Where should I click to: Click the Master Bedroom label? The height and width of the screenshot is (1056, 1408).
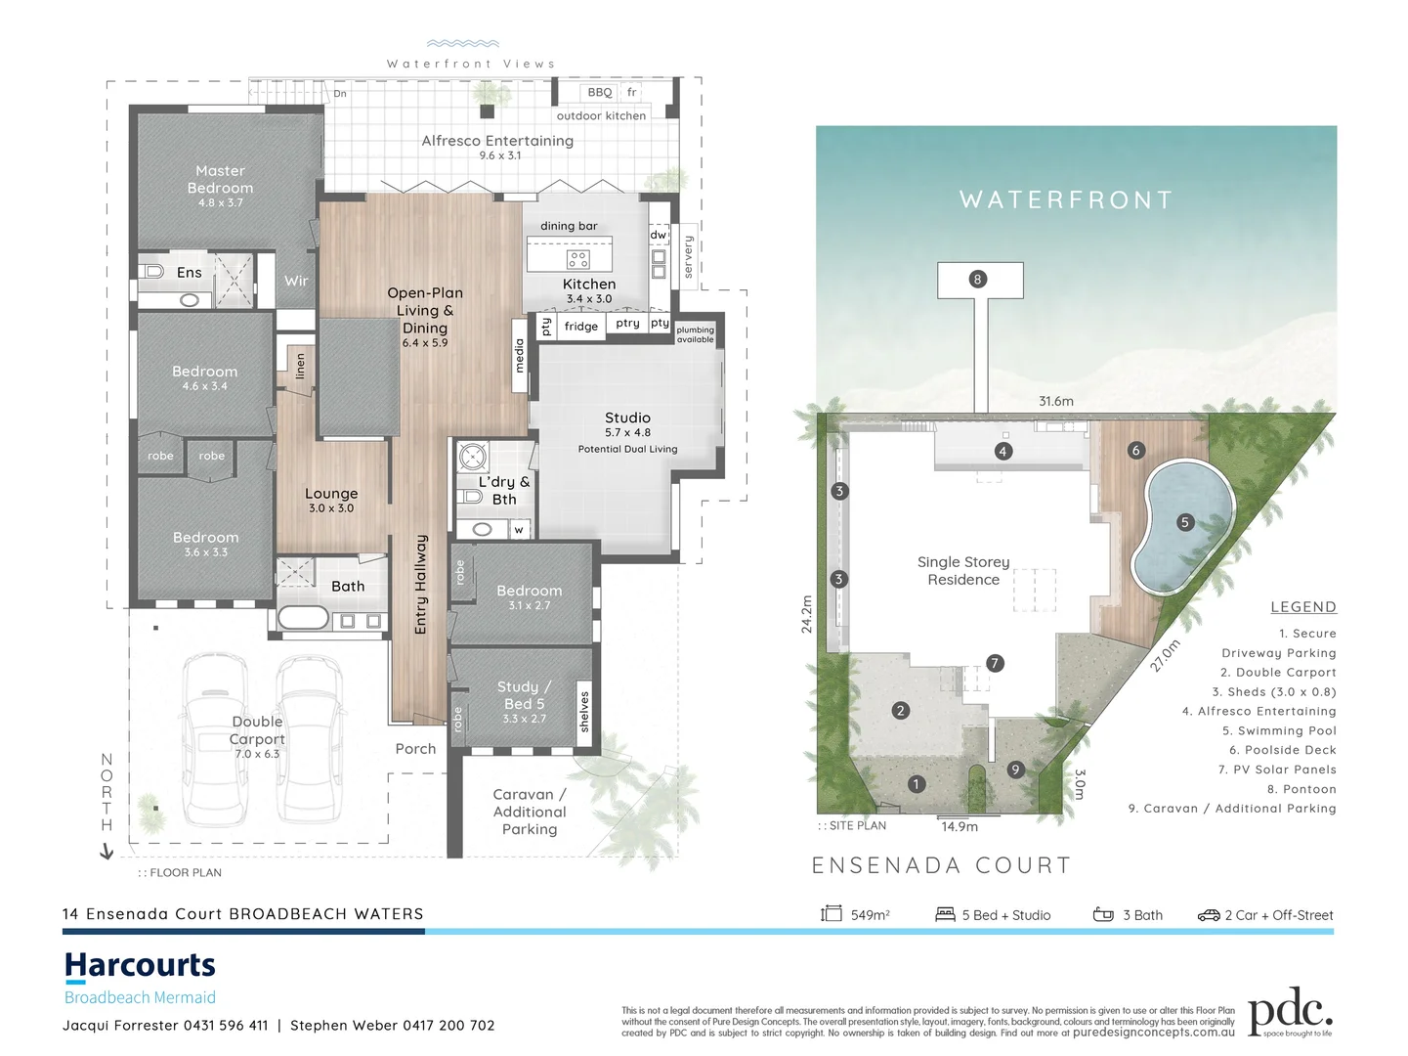point(220,180)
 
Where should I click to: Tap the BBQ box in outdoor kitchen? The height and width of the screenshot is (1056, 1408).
point(599,93)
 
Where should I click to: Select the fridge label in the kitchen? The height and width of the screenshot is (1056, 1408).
point(580,327)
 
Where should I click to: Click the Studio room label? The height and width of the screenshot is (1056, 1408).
point(627,418)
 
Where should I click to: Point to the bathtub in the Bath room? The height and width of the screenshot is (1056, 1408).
point(303,618)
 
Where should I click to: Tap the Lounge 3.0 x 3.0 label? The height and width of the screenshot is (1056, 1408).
point(331,500)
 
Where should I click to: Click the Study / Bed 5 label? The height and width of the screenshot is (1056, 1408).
point(524,695)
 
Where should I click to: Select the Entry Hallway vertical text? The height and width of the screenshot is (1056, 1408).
point(421,584)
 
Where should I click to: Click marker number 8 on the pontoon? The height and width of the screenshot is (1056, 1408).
point(977,280)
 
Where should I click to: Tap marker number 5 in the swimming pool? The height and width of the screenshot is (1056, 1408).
point(1184,522)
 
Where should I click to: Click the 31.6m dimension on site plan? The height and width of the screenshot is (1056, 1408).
point(1055,401)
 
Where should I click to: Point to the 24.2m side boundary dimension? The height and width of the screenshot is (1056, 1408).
point(806,614)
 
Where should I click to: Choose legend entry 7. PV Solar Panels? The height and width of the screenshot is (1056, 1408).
point(1277,770)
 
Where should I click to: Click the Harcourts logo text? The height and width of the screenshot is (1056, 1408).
point(140,966)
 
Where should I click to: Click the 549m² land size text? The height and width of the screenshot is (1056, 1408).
point(870,915)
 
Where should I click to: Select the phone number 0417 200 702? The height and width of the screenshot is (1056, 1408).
point(442,1026)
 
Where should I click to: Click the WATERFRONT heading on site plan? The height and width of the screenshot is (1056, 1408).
point(1066,200)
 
